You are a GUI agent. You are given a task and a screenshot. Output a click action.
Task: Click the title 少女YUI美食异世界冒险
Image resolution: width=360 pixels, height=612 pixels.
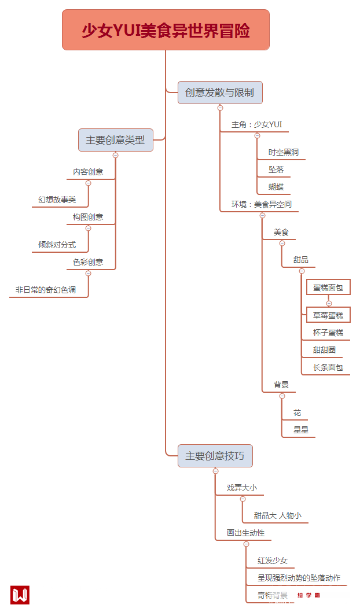point(166,30)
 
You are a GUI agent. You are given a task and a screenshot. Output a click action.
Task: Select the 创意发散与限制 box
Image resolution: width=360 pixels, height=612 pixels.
point(220,93)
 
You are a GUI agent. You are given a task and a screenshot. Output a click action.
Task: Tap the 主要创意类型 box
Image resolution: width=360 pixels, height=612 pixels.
point(116,140)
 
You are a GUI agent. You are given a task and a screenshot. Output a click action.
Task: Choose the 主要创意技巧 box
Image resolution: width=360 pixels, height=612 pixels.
point(215,456)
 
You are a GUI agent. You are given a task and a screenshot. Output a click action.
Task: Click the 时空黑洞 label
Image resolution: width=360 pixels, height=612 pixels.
point(284,153)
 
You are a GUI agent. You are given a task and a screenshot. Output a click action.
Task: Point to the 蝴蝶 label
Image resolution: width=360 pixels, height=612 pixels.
point(276,187)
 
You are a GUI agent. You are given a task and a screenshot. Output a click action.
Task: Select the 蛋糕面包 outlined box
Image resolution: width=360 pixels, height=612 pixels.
point(328,287)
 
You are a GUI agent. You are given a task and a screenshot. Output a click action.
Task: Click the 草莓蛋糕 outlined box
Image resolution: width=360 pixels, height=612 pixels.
point(328,315)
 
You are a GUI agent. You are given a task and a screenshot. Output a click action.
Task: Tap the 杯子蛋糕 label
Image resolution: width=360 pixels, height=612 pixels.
point(328,333)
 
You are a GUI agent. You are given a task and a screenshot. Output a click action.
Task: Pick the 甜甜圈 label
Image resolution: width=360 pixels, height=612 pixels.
point(324,350)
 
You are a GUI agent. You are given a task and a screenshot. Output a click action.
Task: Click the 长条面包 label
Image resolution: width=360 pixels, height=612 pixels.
point(328,367)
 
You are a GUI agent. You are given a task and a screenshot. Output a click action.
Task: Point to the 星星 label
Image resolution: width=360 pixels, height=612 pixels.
point(301,430)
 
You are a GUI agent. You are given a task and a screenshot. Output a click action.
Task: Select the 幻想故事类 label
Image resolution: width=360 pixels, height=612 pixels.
point(57,200)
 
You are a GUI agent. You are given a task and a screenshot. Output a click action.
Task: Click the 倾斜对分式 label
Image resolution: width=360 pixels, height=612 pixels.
point(57,245)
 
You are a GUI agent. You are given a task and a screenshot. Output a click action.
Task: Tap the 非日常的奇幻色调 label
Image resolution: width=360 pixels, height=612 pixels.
point(46,290)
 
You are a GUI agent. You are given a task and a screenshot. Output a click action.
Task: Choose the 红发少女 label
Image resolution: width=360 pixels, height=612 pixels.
point(273,561)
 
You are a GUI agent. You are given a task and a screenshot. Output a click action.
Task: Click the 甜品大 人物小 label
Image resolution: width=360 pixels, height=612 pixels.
point(278,515)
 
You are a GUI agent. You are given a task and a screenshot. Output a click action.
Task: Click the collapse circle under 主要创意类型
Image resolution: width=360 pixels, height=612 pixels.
point(116,155)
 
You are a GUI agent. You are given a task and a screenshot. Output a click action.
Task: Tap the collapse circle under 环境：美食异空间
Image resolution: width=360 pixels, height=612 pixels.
point(262,215)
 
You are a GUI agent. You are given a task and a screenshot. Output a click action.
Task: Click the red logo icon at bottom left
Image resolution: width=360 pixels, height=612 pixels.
point(20,595)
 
